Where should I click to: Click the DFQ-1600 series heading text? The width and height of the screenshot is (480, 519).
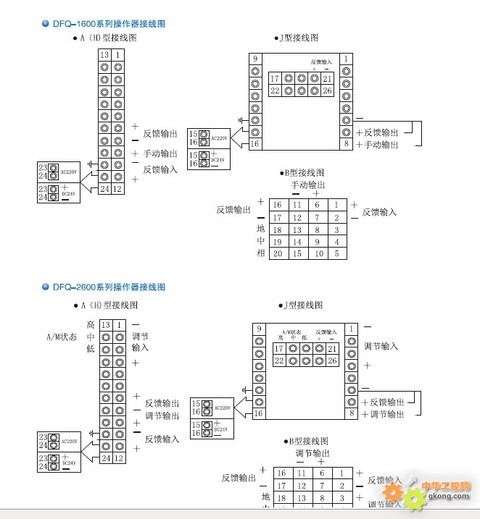pyautogui.click(x=109, y=24)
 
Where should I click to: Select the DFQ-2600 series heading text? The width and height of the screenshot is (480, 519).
pyautogui.click(x=109, y=287)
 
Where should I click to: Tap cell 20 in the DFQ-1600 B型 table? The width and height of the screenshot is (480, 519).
pyautogui.click(x=277, y=254)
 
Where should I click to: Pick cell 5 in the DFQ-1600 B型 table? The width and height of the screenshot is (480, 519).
pyautogui.click(x=336, y=254)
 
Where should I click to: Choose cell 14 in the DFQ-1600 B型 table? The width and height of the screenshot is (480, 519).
pyautogui.click(x=297, y=242)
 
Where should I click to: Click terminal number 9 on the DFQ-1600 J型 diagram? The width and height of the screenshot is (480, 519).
pyautogui.click(x=255, y=59)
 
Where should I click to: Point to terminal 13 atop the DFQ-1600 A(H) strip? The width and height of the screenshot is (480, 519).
pyautogui.click(x=104, y=55)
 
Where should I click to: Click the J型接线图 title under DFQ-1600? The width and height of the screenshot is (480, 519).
pyautogui.click(x=297, y=38)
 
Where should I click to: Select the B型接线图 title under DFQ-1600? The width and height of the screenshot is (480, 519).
pyautogui.click(x=302, y=173)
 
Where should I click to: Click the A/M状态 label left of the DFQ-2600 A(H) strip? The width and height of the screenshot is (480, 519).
pyautogui.click(x=61, y=337)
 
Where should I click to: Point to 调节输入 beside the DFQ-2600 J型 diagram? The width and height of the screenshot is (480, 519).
pyautogui.click(x=381, y=346)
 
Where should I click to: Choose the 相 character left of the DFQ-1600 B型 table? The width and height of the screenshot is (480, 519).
pyautogui.click(x=261, y=253)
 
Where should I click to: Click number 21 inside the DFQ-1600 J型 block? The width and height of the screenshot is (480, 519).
pyautogui.click(x=328, y=78)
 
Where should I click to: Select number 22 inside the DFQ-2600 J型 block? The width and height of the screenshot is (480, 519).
pyautogui.click(x=278, y=360)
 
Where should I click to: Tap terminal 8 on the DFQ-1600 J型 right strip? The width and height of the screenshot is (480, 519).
pyautogui.click(x=347, y=144)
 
